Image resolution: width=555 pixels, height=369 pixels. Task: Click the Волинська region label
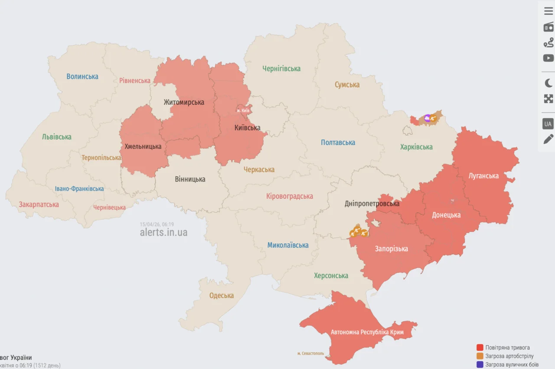click(x=82, y=77)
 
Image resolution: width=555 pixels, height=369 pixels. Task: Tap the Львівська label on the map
click(x=57, y=137)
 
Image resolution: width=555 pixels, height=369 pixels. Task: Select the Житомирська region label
click(x=184, y=103)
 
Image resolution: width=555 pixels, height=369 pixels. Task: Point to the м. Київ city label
click(x=243, y=110)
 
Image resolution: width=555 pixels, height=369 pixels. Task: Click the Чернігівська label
click(x=281, y=68)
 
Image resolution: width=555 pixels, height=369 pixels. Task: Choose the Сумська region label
click(x=347, y=85)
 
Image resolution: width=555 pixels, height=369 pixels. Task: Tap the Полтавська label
click(x=338, y=142)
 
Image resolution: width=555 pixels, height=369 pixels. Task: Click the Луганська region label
click(x=483, y=176)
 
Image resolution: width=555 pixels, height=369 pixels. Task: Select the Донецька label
click(x=446, y=215)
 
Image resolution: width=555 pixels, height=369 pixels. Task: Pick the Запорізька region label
click(x=392, y=249)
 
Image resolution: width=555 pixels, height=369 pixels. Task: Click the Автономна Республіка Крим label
click(x=367, y=332)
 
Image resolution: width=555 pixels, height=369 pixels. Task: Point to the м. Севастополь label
click(x=310, y=353)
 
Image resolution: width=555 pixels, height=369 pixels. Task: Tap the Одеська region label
click(x=222, y=296)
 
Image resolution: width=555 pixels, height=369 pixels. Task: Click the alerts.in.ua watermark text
click(x=163, y=233)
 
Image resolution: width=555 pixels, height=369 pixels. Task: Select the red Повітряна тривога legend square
click(x=480, y=347)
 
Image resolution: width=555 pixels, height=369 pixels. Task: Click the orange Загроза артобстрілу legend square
click(x=480, y=356)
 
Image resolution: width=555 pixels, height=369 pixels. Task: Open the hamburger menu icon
click(x=548, y=11)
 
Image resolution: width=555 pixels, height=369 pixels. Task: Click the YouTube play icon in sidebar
click(x=548, y=58)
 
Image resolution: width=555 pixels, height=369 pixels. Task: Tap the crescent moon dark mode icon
click(x=548, y=83)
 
